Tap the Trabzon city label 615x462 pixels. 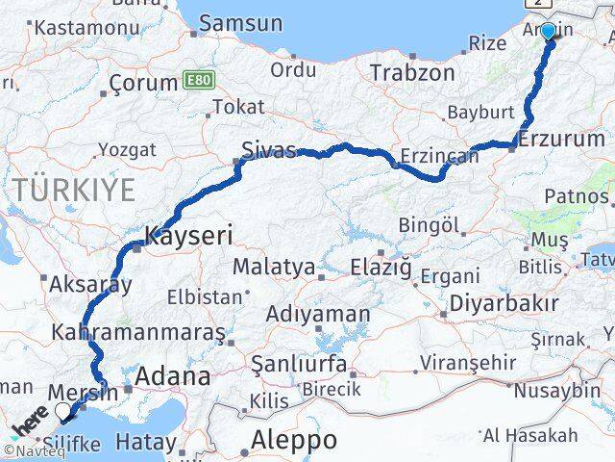point(412,73)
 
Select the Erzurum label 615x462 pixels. point(562,140)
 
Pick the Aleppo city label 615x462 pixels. point(294,440)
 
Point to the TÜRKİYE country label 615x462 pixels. point(75,190)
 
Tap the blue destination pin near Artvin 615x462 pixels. point(548,32)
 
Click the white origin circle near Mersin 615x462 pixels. point(63,411)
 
